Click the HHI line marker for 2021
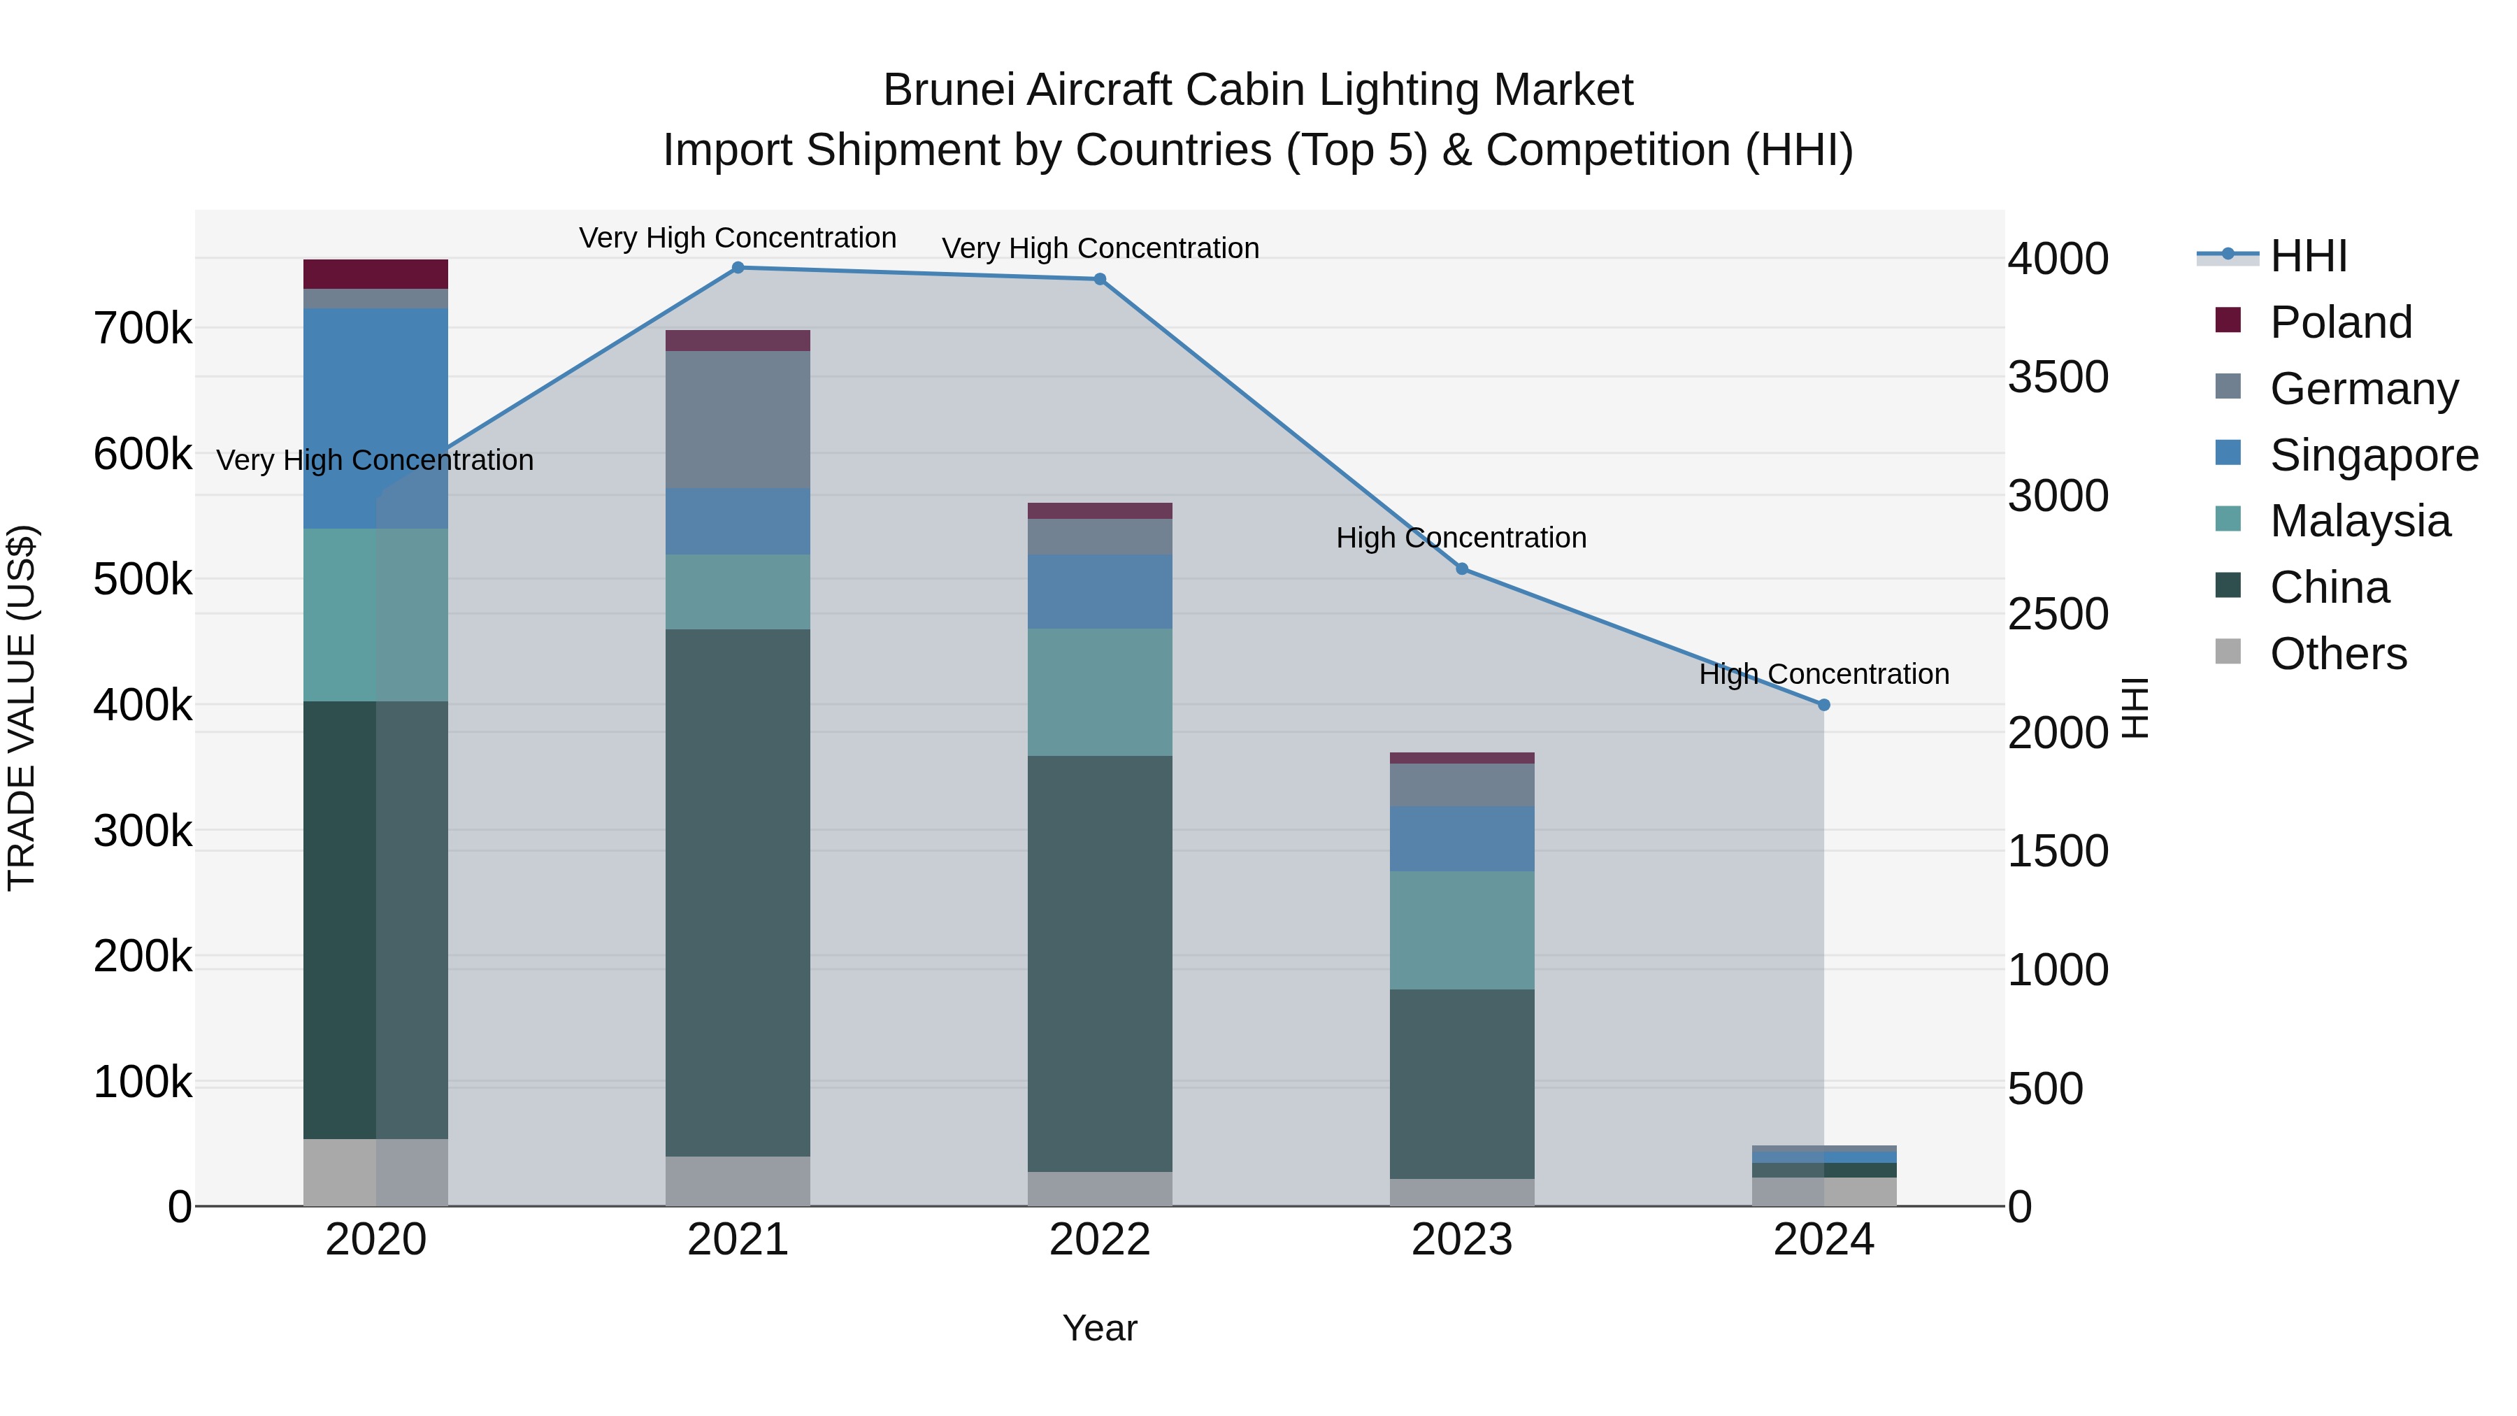[x=738, y=268]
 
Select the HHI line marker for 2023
[x=1462, y=568]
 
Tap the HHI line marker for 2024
[x=1823, y=705]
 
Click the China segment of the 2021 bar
[x=738, y=892]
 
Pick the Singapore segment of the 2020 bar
[x=375, y=418]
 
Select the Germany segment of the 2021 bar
[x=738, y=420]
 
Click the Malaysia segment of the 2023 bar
[x=1462, y=929]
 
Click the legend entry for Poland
[x=2340, y=322]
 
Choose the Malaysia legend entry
[x=2359, y=521]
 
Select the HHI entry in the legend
[x=2307, y=256]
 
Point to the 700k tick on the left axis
[x=143, y=329]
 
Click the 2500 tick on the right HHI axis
[x=2058, y=615]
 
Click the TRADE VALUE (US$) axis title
[x=22, y=708]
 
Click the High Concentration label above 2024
[x=1823, y=674]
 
